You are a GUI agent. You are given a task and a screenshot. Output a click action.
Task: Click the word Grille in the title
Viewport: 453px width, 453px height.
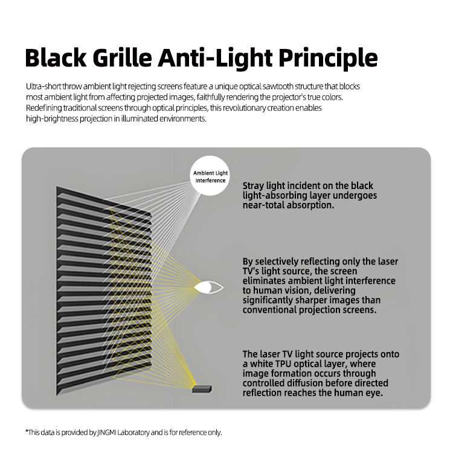(123, 58)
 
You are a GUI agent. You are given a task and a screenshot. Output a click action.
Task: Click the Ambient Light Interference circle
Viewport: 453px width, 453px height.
(210, 176)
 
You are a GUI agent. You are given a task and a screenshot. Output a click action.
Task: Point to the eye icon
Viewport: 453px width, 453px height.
(208, 288)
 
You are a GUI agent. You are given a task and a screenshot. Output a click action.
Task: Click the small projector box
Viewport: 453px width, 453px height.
(202, 389)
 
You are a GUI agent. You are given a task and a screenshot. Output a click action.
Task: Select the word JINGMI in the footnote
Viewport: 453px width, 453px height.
(106, 432)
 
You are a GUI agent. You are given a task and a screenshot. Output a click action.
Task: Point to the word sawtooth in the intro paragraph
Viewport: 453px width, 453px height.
(278, 86)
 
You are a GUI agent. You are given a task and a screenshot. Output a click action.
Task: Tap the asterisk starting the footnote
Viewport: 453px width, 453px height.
(27, 431)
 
